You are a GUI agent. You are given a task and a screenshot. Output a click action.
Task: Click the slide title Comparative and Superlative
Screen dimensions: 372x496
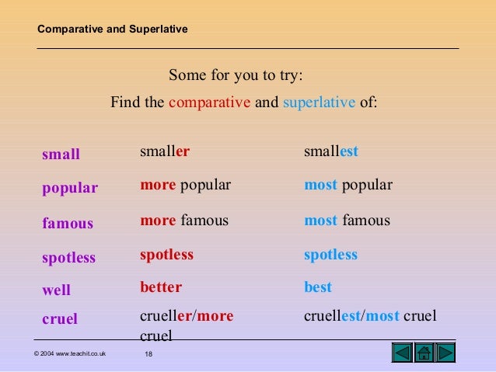pyautogui.click(x=113, y=30)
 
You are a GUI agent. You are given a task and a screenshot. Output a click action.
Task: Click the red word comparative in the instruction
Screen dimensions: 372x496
pyautogui.click(x=210, y=102)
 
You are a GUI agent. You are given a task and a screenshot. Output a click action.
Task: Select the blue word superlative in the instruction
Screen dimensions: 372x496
pyautogui.click(x=320, y=102)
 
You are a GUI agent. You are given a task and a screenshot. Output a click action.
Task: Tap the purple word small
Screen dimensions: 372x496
pyautogui.click(x=61, y=155)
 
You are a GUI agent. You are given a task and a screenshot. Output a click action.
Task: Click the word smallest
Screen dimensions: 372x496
pyautogui.click(x=331, y=151)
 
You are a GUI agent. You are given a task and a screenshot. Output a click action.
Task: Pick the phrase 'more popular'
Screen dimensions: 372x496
pyautogui.click(x=186, y=185)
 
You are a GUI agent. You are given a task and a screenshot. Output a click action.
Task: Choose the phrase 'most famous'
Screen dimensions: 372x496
pyautogui.click(x=347, y=221)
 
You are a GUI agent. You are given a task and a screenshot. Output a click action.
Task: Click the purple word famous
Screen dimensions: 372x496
pyautogui.click(x=68, y=224)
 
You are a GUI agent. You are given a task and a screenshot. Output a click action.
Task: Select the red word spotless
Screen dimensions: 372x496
pyautogui.click(x=166, y=255)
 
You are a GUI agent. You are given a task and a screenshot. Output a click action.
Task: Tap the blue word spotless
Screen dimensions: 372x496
pyautogui.click(x=330, y=255)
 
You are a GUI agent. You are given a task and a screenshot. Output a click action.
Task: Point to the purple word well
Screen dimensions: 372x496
pyautogui.click(x=56, y=290)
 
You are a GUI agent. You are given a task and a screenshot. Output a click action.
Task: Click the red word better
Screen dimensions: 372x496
pyautogui.click(x=161, y=287)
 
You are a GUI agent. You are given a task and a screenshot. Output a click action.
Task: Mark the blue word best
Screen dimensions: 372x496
pyautogui.click(x=318, y=287)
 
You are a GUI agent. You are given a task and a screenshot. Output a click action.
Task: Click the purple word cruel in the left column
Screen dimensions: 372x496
pyautogui.click(x=60, y=318)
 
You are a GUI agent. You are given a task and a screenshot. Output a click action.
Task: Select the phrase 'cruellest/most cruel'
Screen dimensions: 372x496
pyautogui.click(x=370, y=316)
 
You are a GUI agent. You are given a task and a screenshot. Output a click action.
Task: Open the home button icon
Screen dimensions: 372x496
pyautogui.click(x=424, y=353)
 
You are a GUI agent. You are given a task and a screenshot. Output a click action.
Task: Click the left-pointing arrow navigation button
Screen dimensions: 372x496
pyautogui.click(x=402, y=353)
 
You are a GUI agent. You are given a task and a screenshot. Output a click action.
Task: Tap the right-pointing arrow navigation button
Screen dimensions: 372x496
pyautogui.click(x=445, y=353)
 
